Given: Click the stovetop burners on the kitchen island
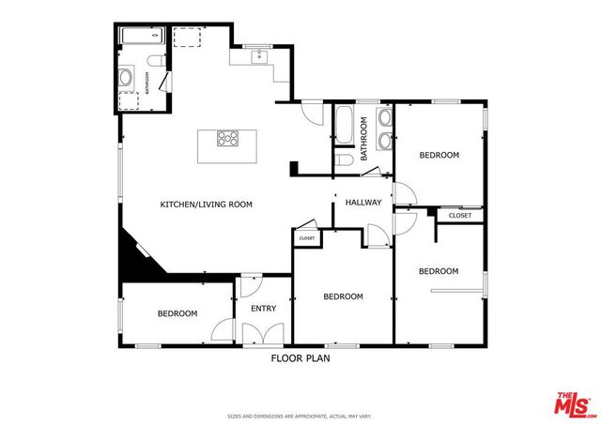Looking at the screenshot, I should [228, 139].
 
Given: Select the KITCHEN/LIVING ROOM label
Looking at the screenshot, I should [206, 204].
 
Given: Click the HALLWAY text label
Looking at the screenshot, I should [363, 203].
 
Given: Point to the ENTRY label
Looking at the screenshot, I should [263, 309].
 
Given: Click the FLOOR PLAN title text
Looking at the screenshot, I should [300, 357].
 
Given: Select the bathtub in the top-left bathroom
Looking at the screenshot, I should [143, 38].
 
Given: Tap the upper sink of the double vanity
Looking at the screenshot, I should [385, 118].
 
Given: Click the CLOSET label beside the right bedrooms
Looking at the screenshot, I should [460, 216].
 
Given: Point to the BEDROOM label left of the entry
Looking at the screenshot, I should [177, 313].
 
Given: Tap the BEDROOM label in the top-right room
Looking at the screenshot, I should [439, 155].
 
